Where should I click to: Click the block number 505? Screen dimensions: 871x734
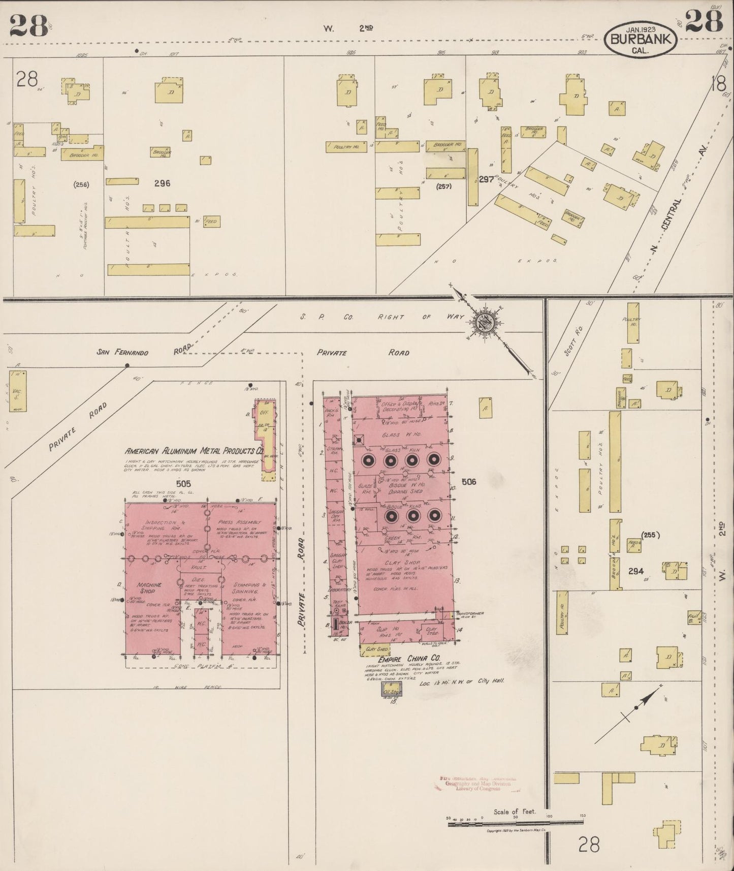point(183,484)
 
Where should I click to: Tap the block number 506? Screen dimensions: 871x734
point(468,481)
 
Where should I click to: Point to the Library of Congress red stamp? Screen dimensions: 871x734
point(472,783)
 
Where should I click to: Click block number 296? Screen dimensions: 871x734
point(162,184)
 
